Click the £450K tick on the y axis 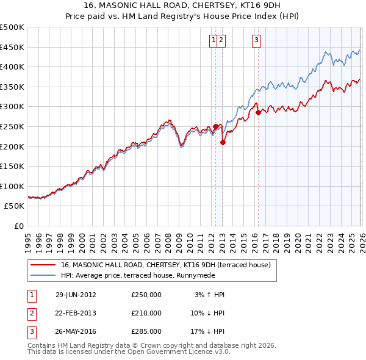pyautogui.click(x=12, y=47)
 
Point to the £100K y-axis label pyautogui.click(x=12, y=186)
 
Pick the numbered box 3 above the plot pyautogui.click(x=256, y=41)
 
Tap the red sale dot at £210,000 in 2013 pyautogui.click(x=223, y=142)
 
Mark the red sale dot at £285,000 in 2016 pyautogui.click(x=258, y=112)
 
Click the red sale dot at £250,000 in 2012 pyautogui.click(x=215, y=126)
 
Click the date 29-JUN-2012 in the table pyautogui.click(x=76, y=294)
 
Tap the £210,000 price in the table pyautogui.click(x=146, y=313)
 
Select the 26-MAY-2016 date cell pyautogui.click(x=76, y=332)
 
